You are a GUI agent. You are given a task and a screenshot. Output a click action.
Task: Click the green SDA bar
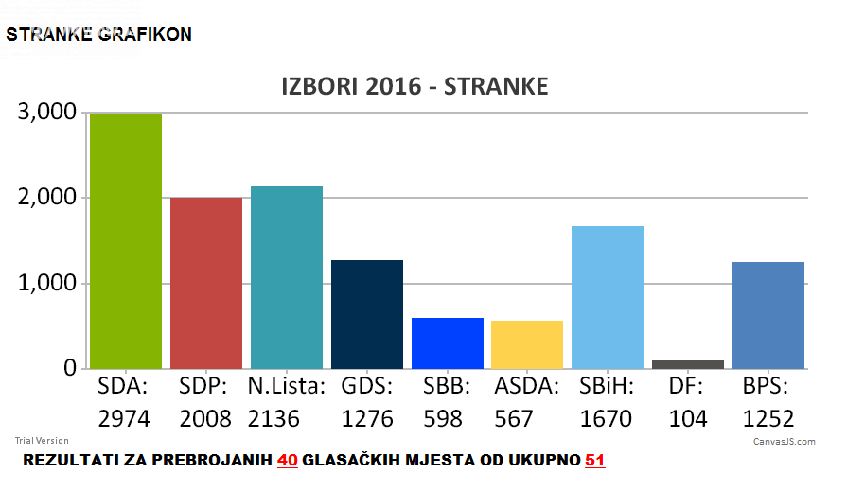coord(125,241)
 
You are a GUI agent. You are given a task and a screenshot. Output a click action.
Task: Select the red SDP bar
coord(205,283)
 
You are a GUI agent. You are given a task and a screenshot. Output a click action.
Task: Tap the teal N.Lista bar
coord(286,277)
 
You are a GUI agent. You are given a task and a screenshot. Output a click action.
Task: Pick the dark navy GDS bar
coord(366,314)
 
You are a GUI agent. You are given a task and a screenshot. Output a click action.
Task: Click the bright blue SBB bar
coord(447,343)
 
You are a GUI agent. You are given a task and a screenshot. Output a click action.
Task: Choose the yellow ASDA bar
coord(527,344)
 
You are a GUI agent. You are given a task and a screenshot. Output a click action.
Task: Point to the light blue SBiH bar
coord(608,297)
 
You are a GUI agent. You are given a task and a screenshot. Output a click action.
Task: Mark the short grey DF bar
coord(688,364)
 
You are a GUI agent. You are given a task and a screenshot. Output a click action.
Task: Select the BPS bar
coord(768,315)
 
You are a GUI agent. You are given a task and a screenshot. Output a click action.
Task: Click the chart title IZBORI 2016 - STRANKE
coord(415,87)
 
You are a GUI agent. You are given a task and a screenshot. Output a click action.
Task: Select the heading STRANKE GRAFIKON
coord(99,35)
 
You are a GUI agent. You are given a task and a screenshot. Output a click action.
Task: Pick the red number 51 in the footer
coord(594,461)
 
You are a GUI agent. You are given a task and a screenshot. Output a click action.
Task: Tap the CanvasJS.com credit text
coord(784,442)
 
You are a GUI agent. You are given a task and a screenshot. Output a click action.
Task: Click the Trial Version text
coord(42,441)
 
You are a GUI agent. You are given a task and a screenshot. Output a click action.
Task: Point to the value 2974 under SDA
coord(125,418)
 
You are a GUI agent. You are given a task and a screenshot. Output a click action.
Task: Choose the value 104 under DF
coord(688,418)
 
